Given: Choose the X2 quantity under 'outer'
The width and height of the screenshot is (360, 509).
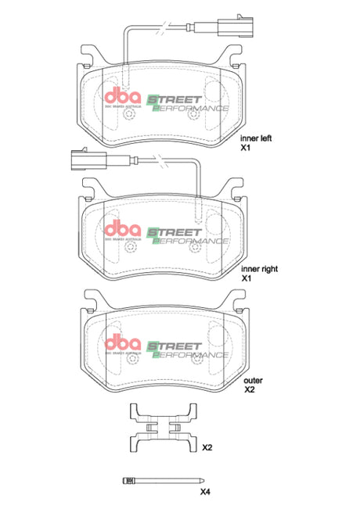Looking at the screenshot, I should (x=250, y=389).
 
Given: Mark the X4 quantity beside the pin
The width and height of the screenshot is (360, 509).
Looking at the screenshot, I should (x=205, y=492).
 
